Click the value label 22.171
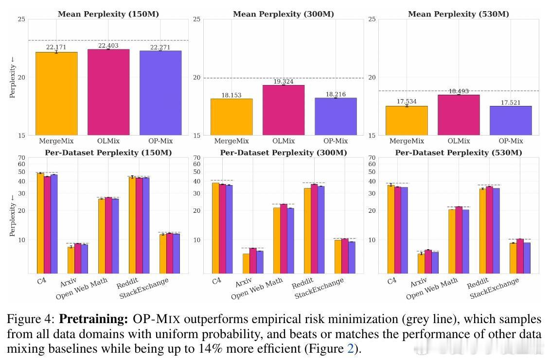tap(56, 47)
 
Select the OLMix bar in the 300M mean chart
tap(283, 110)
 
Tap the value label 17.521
tap(511, 103)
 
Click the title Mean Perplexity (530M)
tap(459, 14)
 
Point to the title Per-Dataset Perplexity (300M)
tap(283, 153)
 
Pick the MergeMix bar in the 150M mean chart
tap(56, 94)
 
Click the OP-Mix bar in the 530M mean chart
tap(511, 120)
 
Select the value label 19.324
tap(283, 82)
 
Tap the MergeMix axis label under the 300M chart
tap(231, 141)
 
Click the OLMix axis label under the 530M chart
tap(459, 141)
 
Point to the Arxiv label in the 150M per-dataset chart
tap(68, 282)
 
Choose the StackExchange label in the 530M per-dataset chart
tap(494, 288)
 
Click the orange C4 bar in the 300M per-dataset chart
tap(216, 228)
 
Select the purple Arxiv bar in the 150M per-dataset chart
tap(85, 259)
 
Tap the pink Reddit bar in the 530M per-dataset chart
tap(490, 230)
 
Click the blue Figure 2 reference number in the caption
tap(351, 349)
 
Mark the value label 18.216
tap(336, 94)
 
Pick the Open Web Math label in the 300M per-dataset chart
tap(257, 289)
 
